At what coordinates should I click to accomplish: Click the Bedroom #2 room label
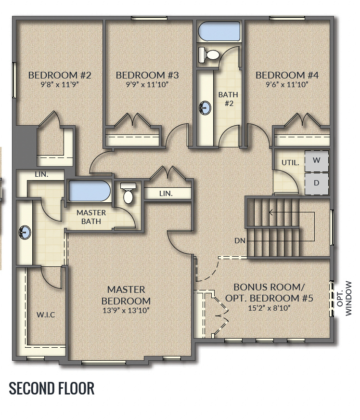pyautogui.click(x=60, y=75)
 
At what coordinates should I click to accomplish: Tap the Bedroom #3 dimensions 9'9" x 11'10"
pyautogui.click(x=147, y=85)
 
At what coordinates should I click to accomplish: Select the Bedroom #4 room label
pyautogui.click(x=287, y=75)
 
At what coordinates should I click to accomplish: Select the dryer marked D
pyautogui.click(x=316, y=183)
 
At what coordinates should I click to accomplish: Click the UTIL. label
pyautogui.click(x=290, y=163)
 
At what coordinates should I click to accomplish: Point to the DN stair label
pyautogui.click(x=240, y=240)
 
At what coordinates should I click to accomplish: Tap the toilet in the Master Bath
pyautogui.click(x=128, y=193)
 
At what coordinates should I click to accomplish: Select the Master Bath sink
pyautogui.click(x=25, y=233)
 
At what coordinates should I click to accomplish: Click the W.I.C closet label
pyautogui.click(x=46, y=315)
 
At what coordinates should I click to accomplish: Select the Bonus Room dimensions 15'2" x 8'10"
pyautogui.click(x=269, y=308)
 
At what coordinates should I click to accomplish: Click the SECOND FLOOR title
pyautogui.click(x=51, y=388)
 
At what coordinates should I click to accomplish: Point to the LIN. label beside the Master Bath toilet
pyautogui.click(x=166, y=193)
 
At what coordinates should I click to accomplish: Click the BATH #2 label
pyautogui.click(x=228, y=99)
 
